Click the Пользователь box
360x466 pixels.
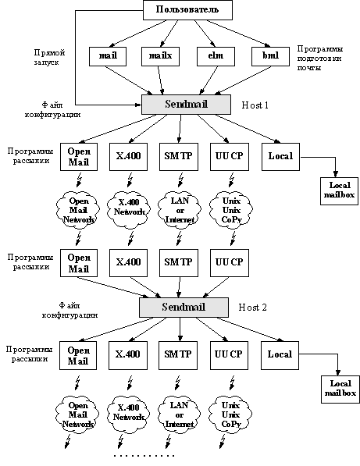(x=187, y=10)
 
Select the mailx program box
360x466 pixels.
(x=160, y=56)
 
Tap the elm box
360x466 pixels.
(x=216, y=56)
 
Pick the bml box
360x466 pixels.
(x=270, y=56)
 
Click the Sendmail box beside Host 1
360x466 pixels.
(x=186, y=105)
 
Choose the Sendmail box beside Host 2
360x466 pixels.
(x=184, y=308)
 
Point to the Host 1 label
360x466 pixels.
(x=255, y=105)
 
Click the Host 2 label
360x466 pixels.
(x=253, y=308)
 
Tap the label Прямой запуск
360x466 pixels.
(x=49, y=57)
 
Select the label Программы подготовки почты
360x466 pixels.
(x=320, y=58)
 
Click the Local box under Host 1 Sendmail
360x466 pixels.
(x=280, y=157)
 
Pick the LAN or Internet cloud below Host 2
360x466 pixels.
(x=180, y=414)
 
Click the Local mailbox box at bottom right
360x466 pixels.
(x=340, y=390)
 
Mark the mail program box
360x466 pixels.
(x=108, y=56)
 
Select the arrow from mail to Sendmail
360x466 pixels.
(x=129, y=80)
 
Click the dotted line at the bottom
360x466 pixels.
(x=144, y=455)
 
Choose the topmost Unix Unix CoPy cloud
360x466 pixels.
(x=231, y=211)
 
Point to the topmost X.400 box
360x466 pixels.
(x=128, y=157)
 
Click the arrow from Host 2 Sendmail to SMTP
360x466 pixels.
(x=180, y=329)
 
